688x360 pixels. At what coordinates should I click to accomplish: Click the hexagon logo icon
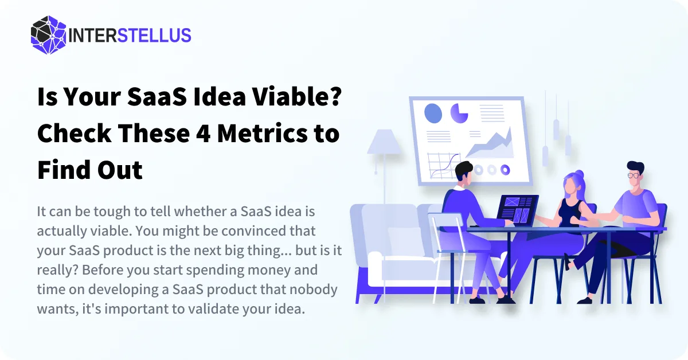pyautogui.click(x=49, y=35)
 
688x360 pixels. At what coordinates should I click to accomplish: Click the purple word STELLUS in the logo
pyautogui.click(x=154, y=36)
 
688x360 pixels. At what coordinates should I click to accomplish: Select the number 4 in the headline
pyautogui.click(x=203, y=134)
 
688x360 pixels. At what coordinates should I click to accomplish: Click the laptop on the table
pyautogui.click(x=518, y=210)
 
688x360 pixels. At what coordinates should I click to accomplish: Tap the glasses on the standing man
pyautogui.click(x=633, y=175)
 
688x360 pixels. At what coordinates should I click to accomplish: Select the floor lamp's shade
pyautogui.click(x=384, y=142)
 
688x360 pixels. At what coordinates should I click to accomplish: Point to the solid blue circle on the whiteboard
pyautogui.click(x=433, y=114)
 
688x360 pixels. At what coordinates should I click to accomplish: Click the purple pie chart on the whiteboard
pyautogui.click(x=459, y=114)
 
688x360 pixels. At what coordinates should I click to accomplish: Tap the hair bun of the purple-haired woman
pyautogui.click(x=579, y=174)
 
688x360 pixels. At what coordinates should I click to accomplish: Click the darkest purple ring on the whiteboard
pyautogui.click(x=505, y=170)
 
